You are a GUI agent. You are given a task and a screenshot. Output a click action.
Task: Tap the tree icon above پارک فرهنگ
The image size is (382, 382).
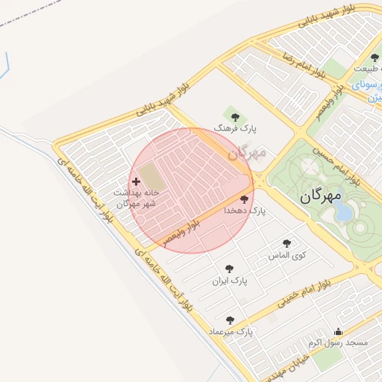click(x=236, y=116)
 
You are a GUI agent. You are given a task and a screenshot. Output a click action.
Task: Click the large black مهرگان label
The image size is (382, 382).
click(x=320, y=198)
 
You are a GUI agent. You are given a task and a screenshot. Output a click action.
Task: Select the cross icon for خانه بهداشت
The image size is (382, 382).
click(x=136, y=181)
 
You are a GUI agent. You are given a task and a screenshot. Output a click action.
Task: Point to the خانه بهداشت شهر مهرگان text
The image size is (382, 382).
click(x=135, y=198)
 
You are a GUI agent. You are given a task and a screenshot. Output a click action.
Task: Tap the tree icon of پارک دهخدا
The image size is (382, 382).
click(x=245, y=199)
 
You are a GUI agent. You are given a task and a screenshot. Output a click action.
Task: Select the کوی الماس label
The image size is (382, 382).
click(x=288, y=255)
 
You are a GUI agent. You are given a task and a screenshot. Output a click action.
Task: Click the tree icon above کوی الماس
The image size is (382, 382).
click(x=287, y=243)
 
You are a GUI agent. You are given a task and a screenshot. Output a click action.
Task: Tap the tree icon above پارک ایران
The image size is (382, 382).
click(x=229, y=269)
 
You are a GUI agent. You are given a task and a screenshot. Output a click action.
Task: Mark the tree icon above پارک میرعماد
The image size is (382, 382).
click(x=230, y=319)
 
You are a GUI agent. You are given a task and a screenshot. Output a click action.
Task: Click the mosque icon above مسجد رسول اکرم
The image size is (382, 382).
click(x=339, y=332)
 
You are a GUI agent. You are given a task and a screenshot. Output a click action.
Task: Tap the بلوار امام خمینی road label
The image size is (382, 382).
click(x=306, y=293)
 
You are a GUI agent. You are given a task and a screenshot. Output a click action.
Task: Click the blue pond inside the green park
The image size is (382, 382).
click(x=344, y=212)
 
